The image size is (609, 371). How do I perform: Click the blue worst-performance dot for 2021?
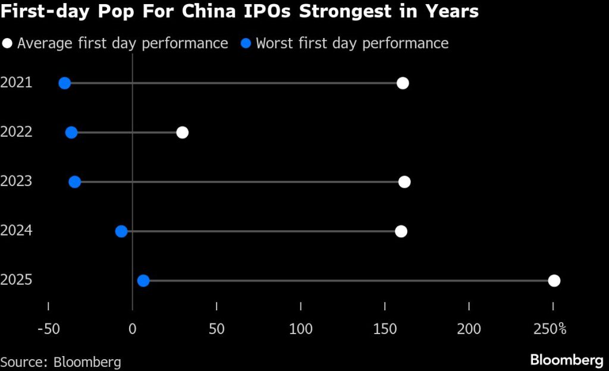coord(65,83)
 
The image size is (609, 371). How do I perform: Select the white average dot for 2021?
coord(403,83)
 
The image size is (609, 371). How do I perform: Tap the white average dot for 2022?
coord(183,133)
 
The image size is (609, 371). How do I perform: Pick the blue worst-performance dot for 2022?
coord(71,133)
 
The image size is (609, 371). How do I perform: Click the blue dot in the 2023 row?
coord(75,182)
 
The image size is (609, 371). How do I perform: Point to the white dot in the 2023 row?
coord(404,182)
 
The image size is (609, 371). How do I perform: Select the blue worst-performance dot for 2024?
coord(121,231)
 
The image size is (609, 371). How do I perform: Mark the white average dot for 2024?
coord(401,231)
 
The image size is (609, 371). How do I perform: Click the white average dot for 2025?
coord(554,281)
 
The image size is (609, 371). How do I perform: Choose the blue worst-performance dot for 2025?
coord(143,281)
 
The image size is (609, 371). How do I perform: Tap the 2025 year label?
coord(16,281)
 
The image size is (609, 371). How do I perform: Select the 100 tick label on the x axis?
coord(301,329)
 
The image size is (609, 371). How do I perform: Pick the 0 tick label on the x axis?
coord(132,329)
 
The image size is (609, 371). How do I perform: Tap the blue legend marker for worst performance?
coord(246,43)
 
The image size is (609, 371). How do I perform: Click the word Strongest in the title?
coord(340,12)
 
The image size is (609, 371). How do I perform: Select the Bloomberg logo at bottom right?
coord(566,360)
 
